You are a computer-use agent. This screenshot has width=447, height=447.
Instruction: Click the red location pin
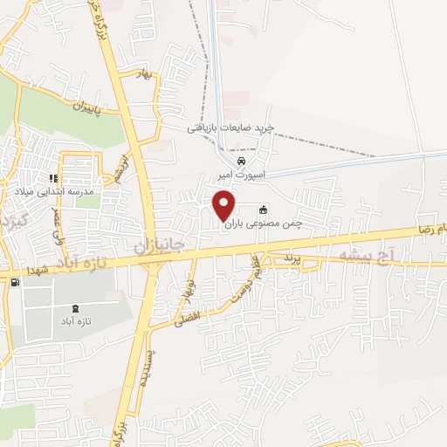[224, 206]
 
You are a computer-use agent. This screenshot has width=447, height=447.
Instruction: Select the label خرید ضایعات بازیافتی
[230, 127]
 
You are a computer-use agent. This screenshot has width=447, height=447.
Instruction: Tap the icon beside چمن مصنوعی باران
[263, 210]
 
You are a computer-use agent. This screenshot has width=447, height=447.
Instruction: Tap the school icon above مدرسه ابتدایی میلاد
[53, 178]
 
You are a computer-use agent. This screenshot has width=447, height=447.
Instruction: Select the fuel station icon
[15, 281]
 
